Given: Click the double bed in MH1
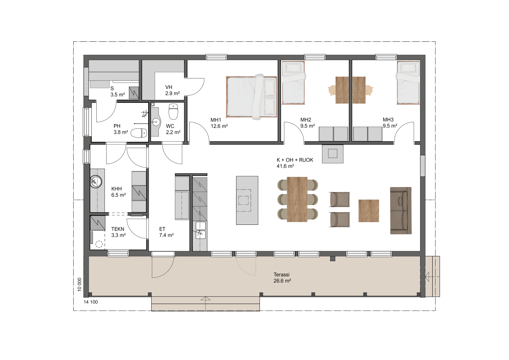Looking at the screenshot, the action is tap(251, 97).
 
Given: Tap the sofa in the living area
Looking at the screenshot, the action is tap(401, 211).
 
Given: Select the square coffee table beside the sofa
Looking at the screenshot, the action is tap(369, 211).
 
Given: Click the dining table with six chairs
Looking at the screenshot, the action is tap(297, 199).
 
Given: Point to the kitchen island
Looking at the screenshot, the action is tap(247, 200).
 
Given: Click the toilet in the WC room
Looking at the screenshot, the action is tap(173, 111).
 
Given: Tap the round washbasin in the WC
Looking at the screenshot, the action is tap(156, 122).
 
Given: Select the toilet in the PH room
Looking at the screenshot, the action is tap(139, 133).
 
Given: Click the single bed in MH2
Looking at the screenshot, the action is tap(293, 83).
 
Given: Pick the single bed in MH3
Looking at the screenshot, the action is tap(408, 83).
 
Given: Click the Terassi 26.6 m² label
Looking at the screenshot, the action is tap(282, 278).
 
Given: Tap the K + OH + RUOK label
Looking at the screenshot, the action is tap(295, 160).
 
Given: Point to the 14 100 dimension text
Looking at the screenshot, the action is tap(91, 302).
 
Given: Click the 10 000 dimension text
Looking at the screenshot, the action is tap(79, 284).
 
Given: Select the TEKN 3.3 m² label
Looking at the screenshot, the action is tap(118, 232).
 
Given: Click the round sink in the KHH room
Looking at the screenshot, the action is tap(96, 182).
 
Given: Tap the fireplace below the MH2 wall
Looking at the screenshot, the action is tap(333, 154).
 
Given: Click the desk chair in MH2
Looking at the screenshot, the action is tap(332, 90).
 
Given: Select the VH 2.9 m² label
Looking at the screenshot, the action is tap(172, 90).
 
